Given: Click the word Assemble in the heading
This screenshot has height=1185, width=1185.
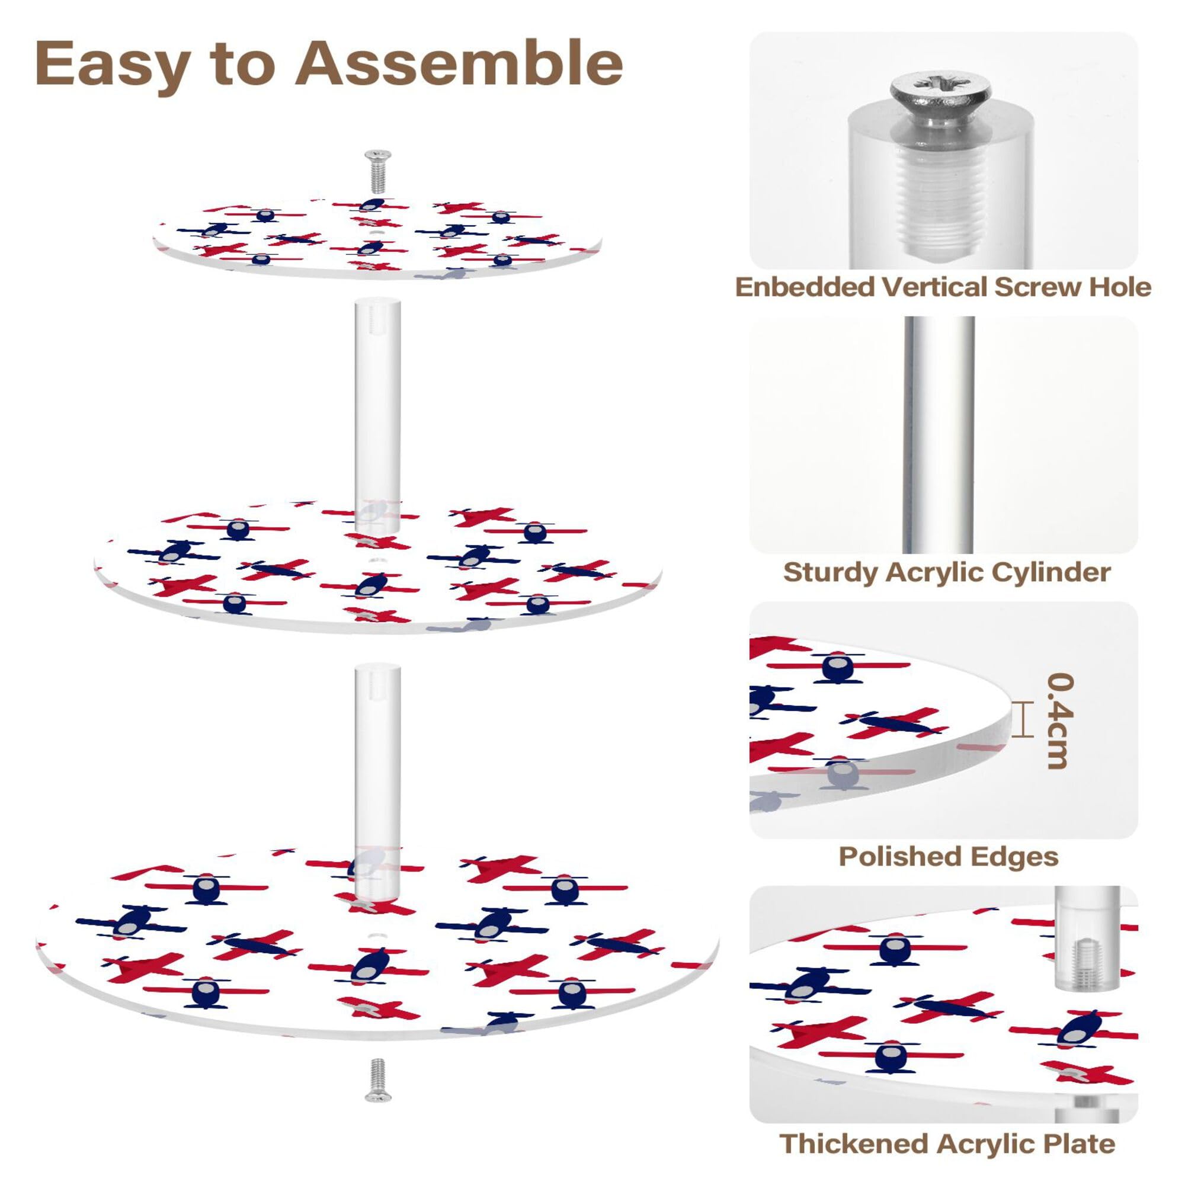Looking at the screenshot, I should click(459, 64).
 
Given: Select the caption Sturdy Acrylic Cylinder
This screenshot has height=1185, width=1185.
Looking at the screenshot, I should click(946, 572).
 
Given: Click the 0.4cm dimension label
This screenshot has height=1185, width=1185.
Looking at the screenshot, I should click(1059, 721).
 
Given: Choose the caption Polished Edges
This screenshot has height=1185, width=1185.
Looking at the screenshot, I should click(948, 857).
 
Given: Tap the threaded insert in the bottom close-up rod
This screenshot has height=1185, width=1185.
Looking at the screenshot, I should click(1085, 966).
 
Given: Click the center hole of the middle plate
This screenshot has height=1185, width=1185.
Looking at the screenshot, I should click(376, 559).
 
